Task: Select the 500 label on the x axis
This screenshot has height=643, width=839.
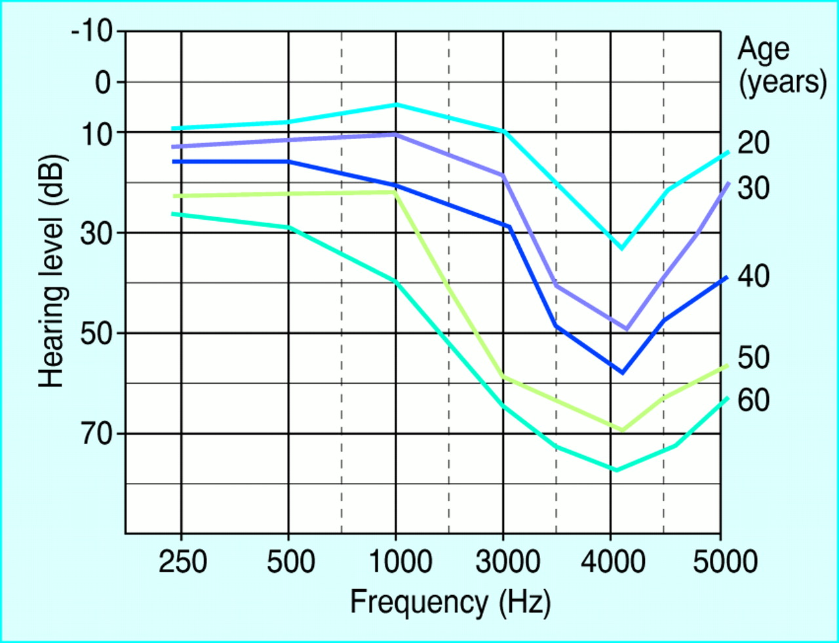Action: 288,562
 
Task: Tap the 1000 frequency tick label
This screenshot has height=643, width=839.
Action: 395,562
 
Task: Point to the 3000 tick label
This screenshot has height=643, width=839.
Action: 503,562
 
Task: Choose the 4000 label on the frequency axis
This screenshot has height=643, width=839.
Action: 610,562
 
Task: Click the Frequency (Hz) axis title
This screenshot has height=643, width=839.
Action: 450,602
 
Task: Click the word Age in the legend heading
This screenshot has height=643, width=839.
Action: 764,49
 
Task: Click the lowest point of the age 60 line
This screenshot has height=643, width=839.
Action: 616,470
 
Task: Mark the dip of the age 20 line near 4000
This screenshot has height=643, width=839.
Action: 621,248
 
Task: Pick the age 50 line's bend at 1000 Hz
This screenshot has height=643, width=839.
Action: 395,192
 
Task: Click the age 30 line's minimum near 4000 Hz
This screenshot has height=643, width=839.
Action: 627,329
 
